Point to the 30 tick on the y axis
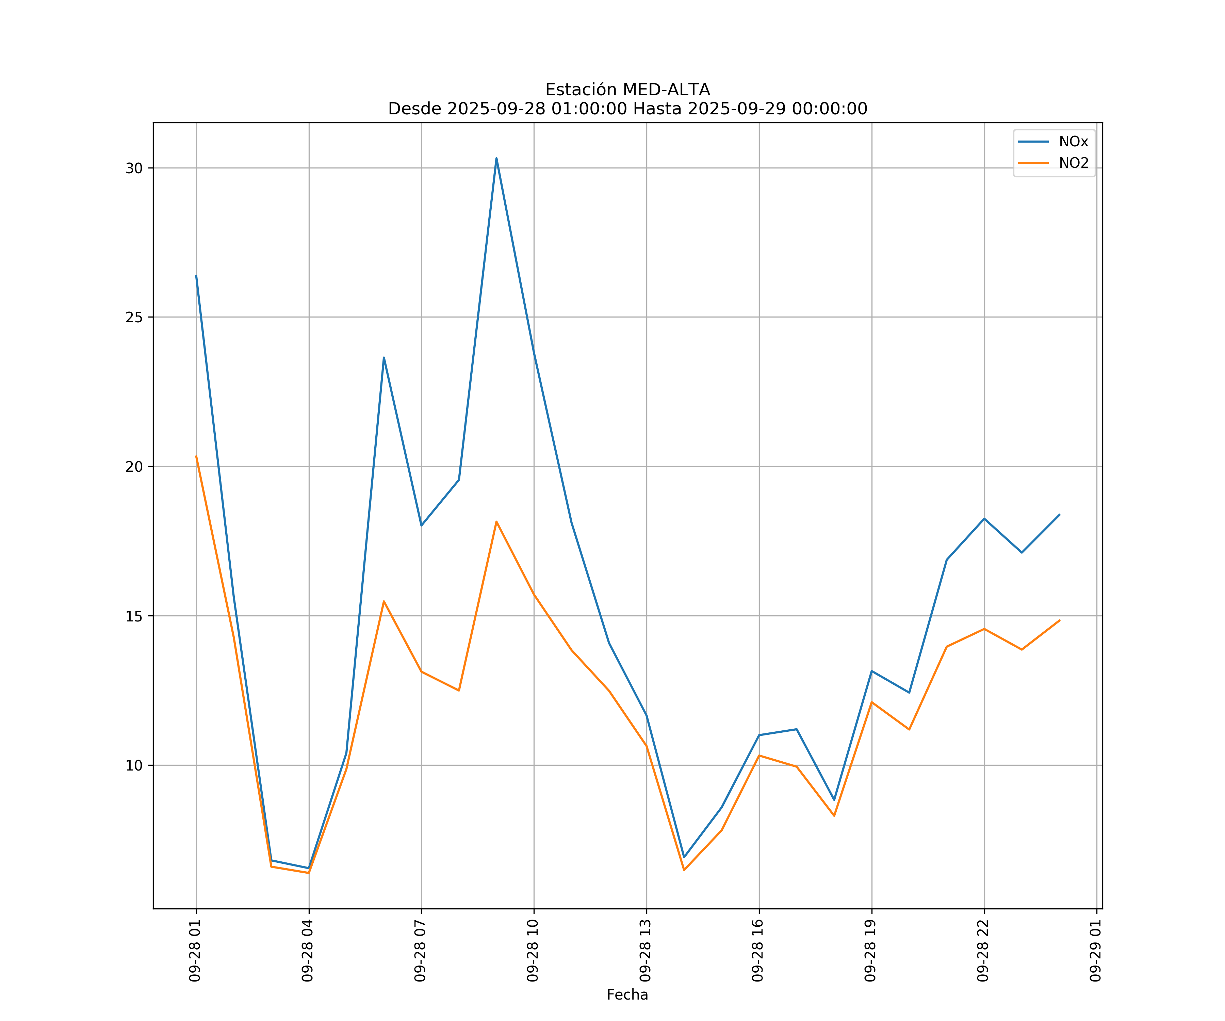134,168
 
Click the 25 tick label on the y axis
134,318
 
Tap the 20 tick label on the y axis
134,467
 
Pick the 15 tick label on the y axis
134,616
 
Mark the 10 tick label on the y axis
134,765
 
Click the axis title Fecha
627,995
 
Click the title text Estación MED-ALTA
627,90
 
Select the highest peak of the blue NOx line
496,158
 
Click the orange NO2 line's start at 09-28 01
197,456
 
